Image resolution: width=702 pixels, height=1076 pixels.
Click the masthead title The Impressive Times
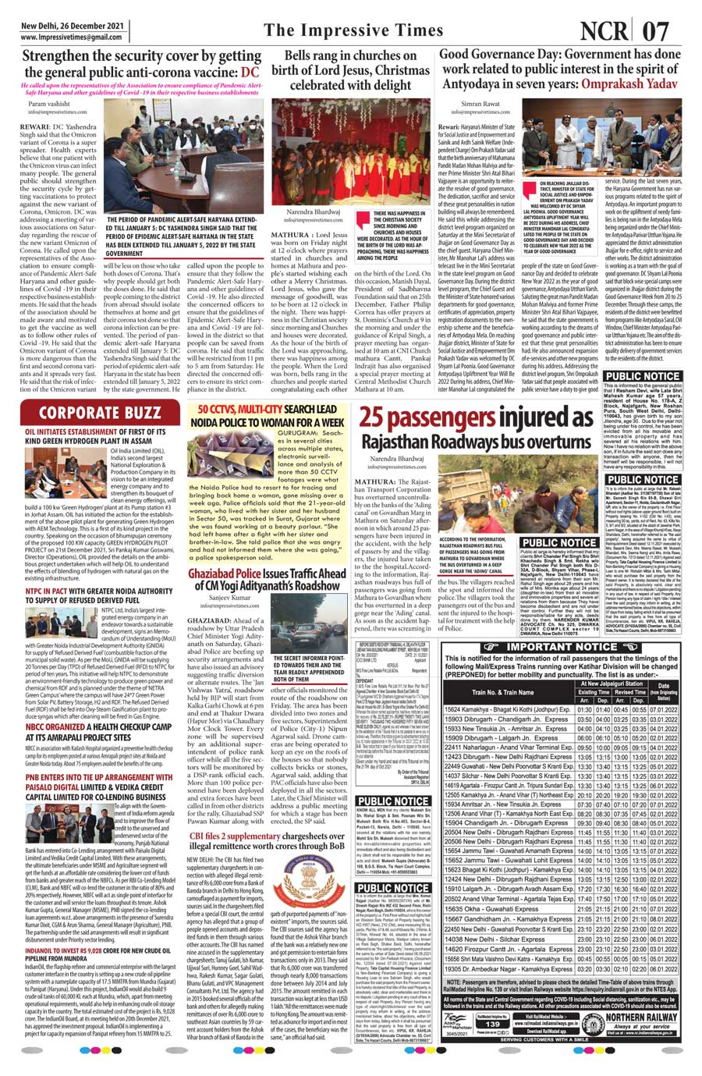pyautogui.click(x=353, y=30)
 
